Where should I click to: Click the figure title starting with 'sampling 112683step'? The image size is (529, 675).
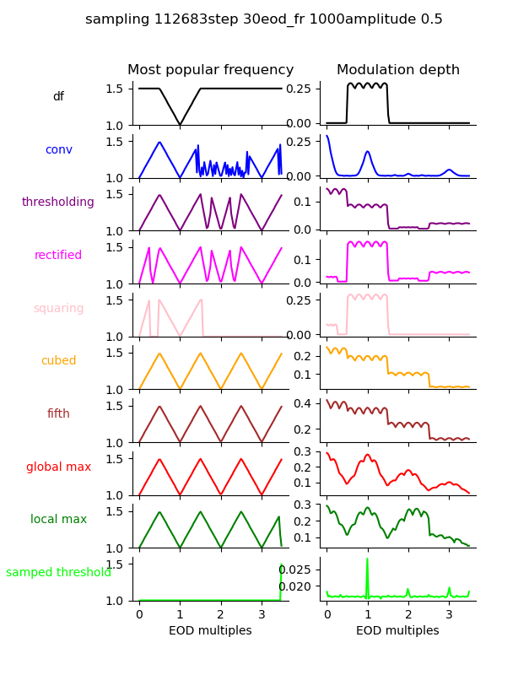[264, 19]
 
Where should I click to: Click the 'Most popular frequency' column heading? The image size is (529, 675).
[210, 70]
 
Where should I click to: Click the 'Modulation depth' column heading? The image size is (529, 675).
[398, 70]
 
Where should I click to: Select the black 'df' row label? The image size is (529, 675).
[58, 97]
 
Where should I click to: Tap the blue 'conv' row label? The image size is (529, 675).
[58, 149]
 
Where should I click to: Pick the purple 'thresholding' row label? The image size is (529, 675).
[58, 202]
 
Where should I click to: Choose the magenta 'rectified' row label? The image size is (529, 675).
[58, 256]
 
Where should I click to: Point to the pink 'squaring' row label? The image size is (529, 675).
[58, 309]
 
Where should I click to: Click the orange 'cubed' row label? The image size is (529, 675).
[58, 361]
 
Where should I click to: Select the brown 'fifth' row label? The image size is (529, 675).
[58, 414]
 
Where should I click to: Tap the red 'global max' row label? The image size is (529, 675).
[58, 467]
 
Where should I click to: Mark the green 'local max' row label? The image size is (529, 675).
[58, 520]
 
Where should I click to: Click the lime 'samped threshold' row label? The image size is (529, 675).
[58, 573]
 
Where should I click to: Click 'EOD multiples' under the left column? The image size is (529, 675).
[210, 631]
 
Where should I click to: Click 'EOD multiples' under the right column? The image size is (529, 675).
[397, 631]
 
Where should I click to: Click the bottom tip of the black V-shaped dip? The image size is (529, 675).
[180, 125]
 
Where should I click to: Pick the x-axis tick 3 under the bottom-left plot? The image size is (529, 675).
[262, 615]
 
